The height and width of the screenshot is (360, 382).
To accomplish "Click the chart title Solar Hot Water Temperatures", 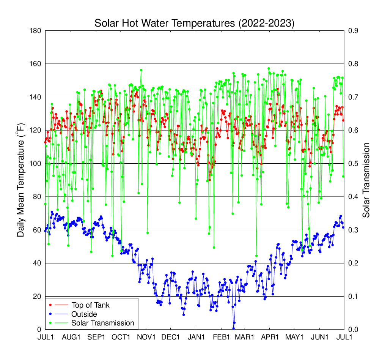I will pyautogui.click(x=194, y=24).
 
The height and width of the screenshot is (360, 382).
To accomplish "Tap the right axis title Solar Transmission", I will pyautogui.click(x=366, y=180).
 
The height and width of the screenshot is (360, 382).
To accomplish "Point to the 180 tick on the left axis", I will pyautogui.click(x=36, y=31).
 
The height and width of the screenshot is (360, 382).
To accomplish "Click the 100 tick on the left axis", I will pyautogui.click(x=36, y=164).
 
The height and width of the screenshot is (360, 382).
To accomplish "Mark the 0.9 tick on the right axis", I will pyautogui.click(x=354, y=31).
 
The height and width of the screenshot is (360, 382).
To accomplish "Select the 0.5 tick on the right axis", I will pyautogui.click(x=354, y=164).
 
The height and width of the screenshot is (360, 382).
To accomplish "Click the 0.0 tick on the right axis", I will pyautogui.click(x=354, y=330).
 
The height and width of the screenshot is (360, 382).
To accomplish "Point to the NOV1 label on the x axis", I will pyautogui.click(x=146, y=337).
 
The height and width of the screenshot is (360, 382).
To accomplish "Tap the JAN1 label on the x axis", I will pyautogui.click(x=196, y=337).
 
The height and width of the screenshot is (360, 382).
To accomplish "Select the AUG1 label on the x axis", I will pyautogui.click(x=71, y=337).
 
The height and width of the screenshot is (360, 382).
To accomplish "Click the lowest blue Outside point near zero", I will pyautogui.click(x=234, y=328).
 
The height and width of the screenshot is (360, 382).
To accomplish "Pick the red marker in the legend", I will pyautogui.click(x=51, y=305).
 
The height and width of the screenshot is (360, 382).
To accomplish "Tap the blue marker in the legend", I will pyautogui.click(x=51, y=314).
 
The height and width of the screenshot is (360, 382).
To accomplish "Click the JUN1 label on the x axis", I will pyautogui.click(x=320, y=337).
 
